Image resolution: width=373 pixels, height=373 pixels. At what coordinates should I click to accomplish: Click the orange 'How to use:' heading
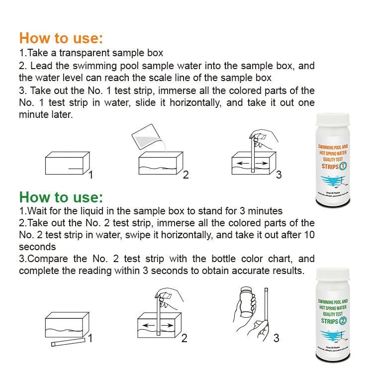pos(61,38)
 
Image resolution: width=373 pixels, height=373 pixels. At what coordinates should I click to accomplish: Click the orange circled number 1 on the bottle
pos(349,166)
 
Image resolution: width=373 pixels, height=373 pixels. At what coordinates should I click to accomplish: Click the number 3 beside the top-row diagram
pos(279,175)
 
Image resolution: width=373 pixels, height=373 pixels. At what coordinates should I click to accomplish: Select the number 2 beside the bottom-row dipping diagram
pos(184,338)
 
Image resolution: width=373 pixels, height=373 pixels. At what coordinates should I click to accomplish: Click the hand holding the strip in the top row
pos(263,135)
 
